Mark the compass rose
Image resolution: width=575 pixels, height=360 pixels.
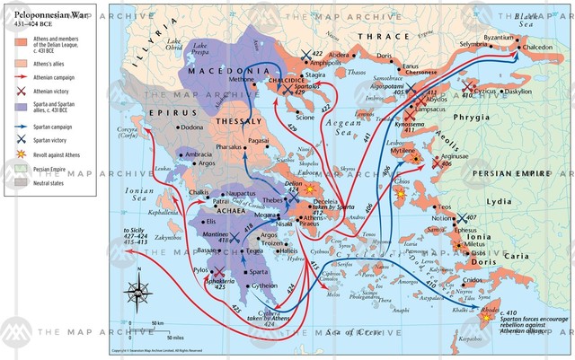[x=137, y=293]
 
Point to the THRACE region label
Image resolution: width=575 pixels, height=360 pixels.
[x=378, y=37]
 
